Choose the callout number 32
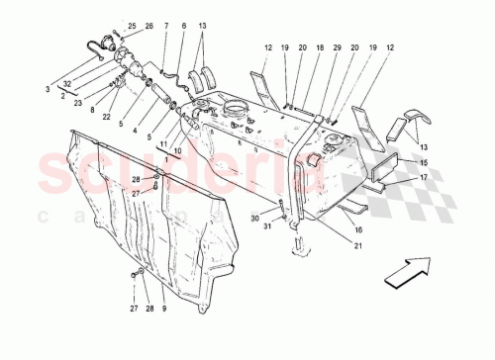point(66,83)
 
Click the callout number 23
point(77,101)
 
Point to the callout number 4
point(136,130)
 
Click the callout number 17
point(423,179)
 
